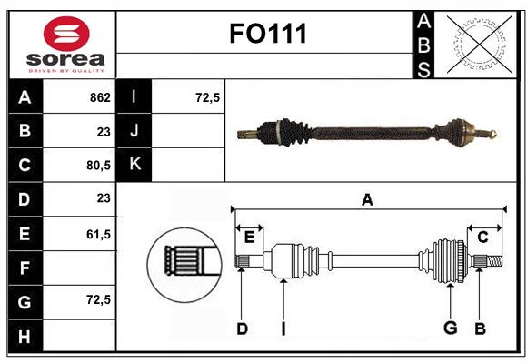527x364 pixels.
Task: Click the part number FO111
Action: (265, 35)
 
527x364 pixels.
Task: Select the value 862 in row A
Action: (99, 96)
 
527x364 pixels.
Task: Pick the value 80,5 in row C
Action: (97, 166)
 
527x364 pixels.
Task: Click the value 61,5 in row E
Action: (97, 234)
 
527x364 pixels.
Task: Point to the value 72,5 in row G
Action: (97, 298)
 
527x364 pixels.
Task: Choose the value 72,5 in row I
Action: (208, 96)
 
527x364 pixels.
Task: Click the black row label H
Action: (25, 336)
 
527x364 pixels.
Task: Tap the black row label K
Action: (134, 165)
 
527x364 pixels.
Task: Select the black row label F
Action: (25, 268)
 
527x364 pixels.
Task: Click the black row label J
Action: (134, 131)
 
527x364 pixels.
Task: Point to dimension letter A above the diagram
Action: (367, 199)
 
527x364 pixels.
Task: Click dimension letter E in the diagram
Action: (249, 237)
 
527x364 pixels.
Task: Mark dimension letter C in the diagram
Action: (482, 237)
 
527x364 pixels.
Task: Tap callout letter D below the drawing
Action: (242, 329)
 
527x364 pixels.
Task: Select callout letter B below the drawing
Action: (480, 329)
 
